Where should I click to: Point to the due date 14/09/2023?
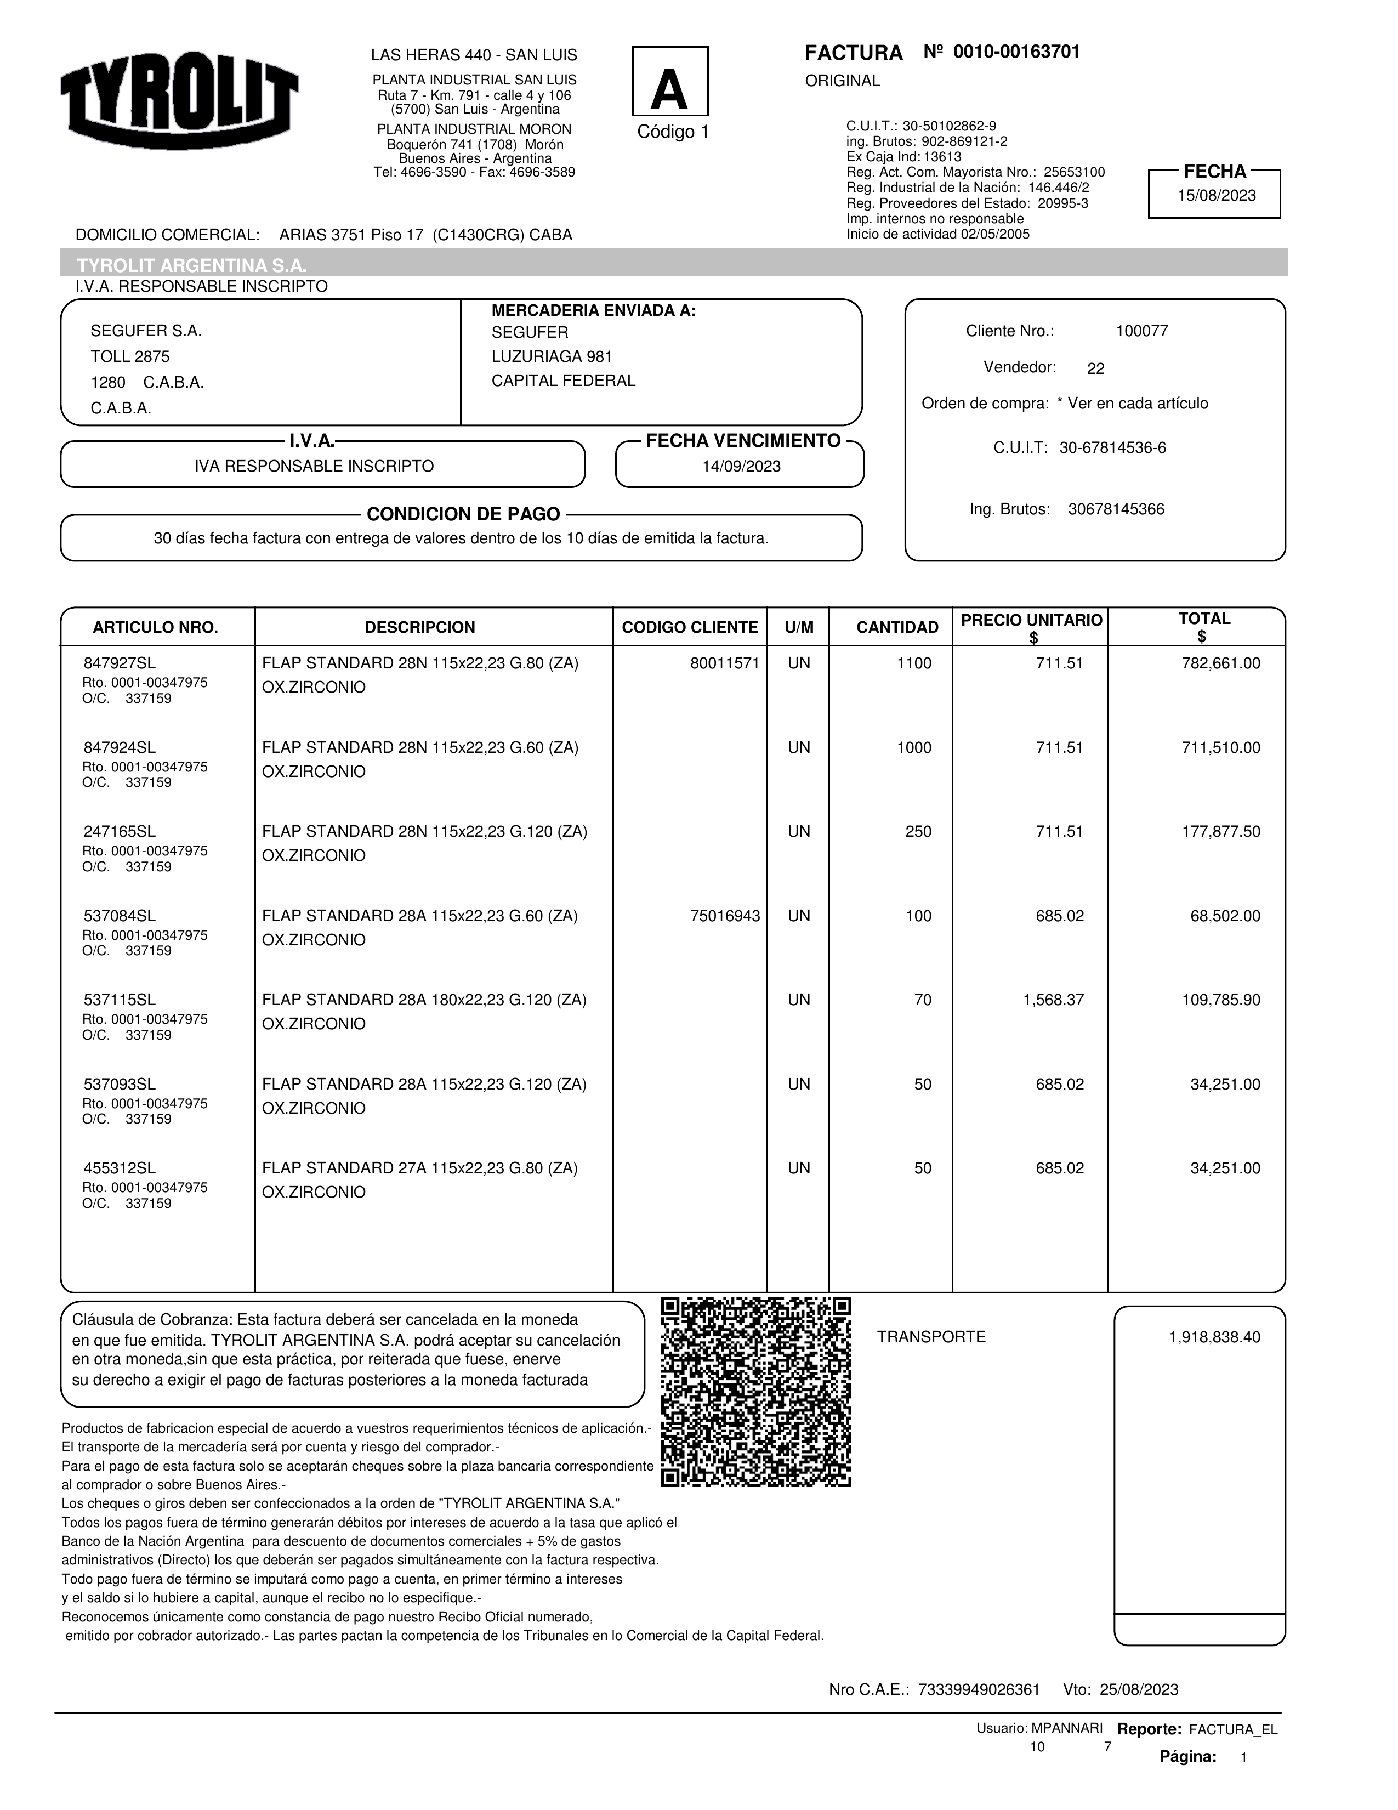pyautogui.click(x=741, y=467)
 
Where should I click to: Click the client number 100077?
pyautogui.click(x=1141, y=332)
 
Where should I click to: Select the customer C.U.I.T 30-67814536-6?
pyautogui.click(x=1112, y=449)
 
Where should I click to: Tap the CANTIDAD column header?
pyautogui.click(x=897, y=627)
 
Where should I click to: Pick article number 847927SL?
pyautogui.click(x=120, y=663)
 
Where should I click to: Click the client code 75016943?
pyautogui.click(x=724, y=916)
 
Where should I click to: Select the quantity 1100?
pyautogui.click(x=913, y=663)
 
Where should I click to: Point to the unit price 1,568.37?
pyautogui.click(x=1053, y=1000)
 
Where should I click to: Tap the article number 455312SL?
pyautogui.click(x=120, y=1168)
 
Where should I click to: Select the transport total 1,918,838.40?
pyautogui.click(x=1214, y=1337)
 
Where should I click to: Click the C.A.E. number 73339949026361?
pyautogui.click(x=978, y=1690)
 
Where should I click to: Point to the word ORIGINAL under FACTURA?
pyautogui.click(x=842, y=81)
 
